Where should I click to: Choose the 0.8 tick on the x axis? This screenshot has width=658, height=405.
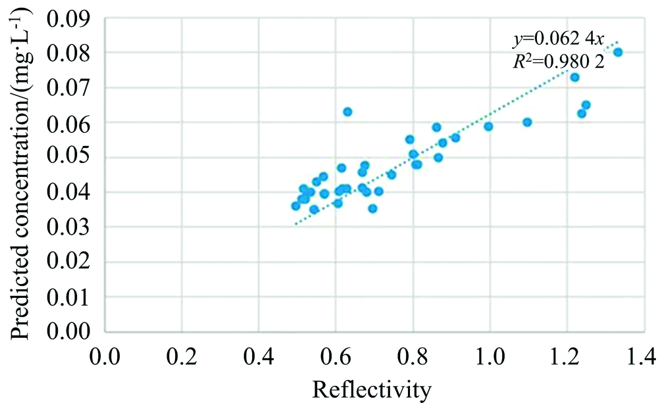pyautogui.click(x=413, y=358)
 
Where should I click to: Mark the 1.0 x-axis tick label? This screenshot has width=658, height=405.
pyautogui.click(x=490, y=358)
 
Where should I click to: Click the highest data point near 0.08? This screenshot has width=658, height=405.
pyautogui.click(x=618, y=52)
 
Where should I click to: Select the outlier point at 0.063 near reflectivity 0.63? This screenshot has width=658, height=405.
pyautogui.click(x=347, y=112)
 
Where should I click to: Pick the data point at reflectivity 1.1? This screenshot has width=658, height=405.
pyautogui.click(x=527, y=122)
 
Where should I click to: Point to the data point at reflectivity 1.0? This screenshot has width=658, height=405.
pyautogui.click(x=488, y=126)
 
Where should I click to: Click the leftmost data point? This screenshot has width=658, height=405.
pyautogui.click(x=295, y=206)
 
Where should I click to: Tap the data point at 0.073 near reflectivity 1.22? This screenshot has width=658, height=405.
pyautogui.click(x=574, y=77)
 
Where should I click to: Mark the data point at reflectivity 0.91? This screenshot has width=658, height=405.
pyautogui.click(x=455, y=137)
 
